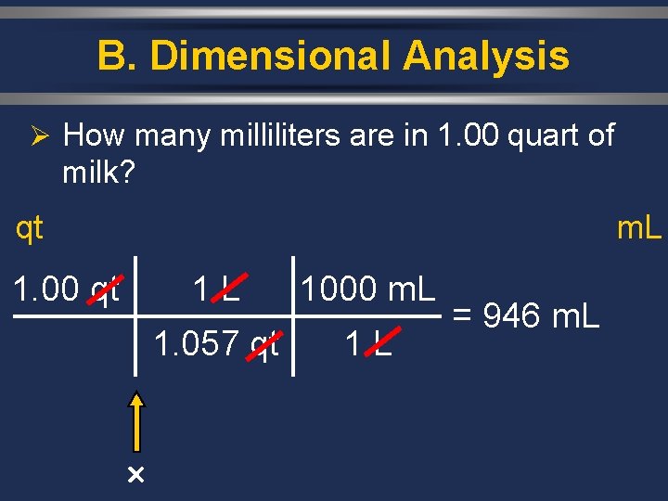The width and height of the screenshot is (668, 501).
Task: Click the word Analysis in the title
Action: [486, 57]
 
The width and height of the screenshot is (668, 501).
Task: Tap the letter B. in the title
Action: [118, 57]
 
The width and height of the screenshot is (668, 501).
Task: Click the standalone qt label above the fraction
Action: [29, 227]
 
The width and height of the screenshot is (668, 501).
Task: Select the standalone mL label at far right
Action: [639, 227]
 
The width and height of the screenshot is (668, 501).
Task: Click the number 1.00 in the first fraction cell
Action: [46, 289]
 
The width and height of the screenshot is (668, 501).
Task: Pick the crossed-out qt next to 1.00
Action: [105, 290]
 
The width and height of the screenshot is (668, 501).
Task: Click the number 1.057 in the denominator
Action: [198, 345]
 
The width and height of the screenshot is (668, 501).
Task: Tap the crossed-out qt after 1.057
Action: [264, 346]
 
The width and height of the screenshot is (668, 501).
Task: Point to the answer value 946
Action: [514, 316]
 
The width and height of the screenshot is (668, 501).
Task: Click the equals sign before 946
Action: [464, 316]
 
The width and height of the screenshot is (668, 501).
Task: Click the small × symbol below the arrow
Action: [135, 476]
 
